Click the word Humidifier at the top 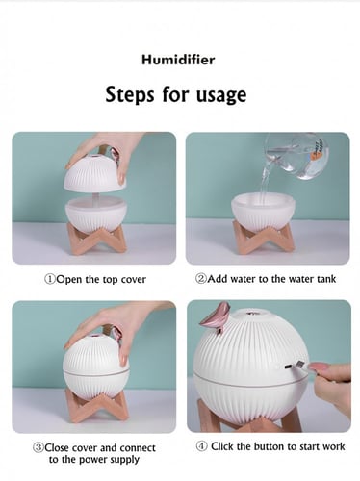178,60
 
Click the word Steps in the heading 130,95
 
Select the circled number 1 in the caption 50,279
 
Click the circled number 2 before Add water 201,279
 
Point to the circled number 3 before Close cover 39,447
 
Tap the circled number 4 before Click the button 202,446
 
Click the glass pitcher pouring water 296,156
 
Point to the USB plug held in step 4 295,366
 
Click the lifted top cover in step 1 95,172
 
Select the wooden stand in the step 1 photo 97,240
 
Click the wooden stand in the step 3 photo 97,407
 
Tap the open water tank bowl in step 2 263,211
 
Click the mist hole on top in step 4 253,312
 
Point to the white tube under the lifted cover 95,197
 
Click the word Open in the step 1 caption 69,280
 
